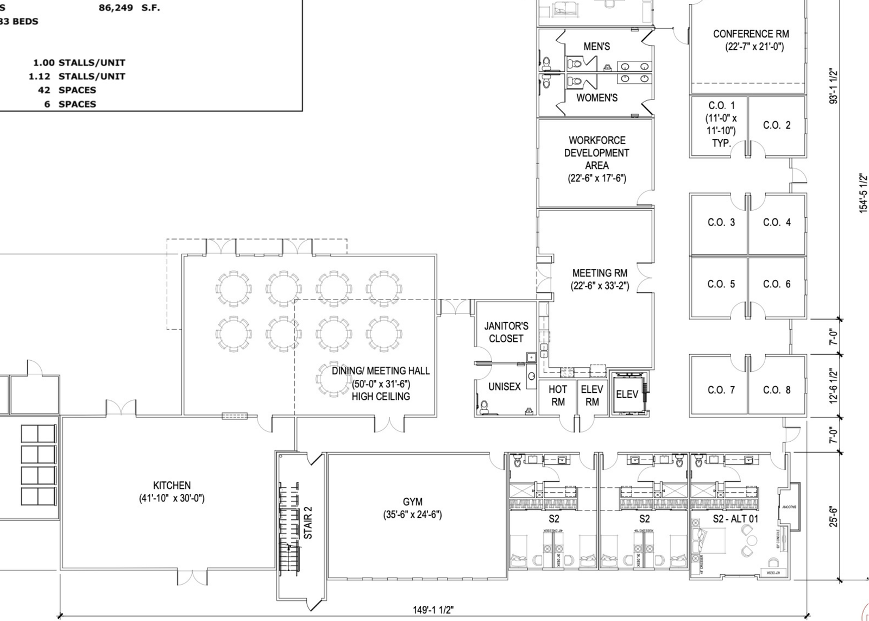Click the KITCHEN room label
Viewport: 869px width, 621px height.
172,486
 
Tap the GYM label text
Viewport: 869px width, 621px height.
412,502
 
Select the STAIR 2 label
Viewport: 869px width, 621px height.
308,522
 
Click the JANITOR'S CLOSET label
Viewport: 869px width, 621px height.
506,332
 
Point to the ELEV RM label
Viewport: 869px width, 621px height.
591,396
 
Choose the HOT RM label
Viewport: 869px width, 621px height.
557,396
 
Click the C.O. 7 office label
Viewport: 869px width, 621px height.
721,390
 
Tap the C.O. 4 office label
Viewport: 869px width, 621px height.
777,222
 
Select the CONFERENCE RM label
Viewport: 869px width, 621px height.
751,34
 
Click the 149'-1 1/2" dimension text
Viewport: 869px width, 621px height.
433,610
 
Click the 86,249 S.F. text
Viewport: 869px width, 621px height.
129,8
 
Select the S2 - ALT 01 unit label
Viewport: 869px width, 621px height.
735,519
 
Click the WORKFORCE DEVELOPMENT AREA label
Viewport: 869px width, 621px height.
596,153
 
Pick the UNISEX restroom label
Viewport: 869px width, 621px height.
505,387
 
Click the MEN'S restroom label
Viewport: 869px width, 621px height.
596,47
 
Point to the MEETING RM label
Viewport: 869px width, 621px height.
600,273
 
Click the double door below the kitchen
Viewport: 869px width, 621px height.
192,577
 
